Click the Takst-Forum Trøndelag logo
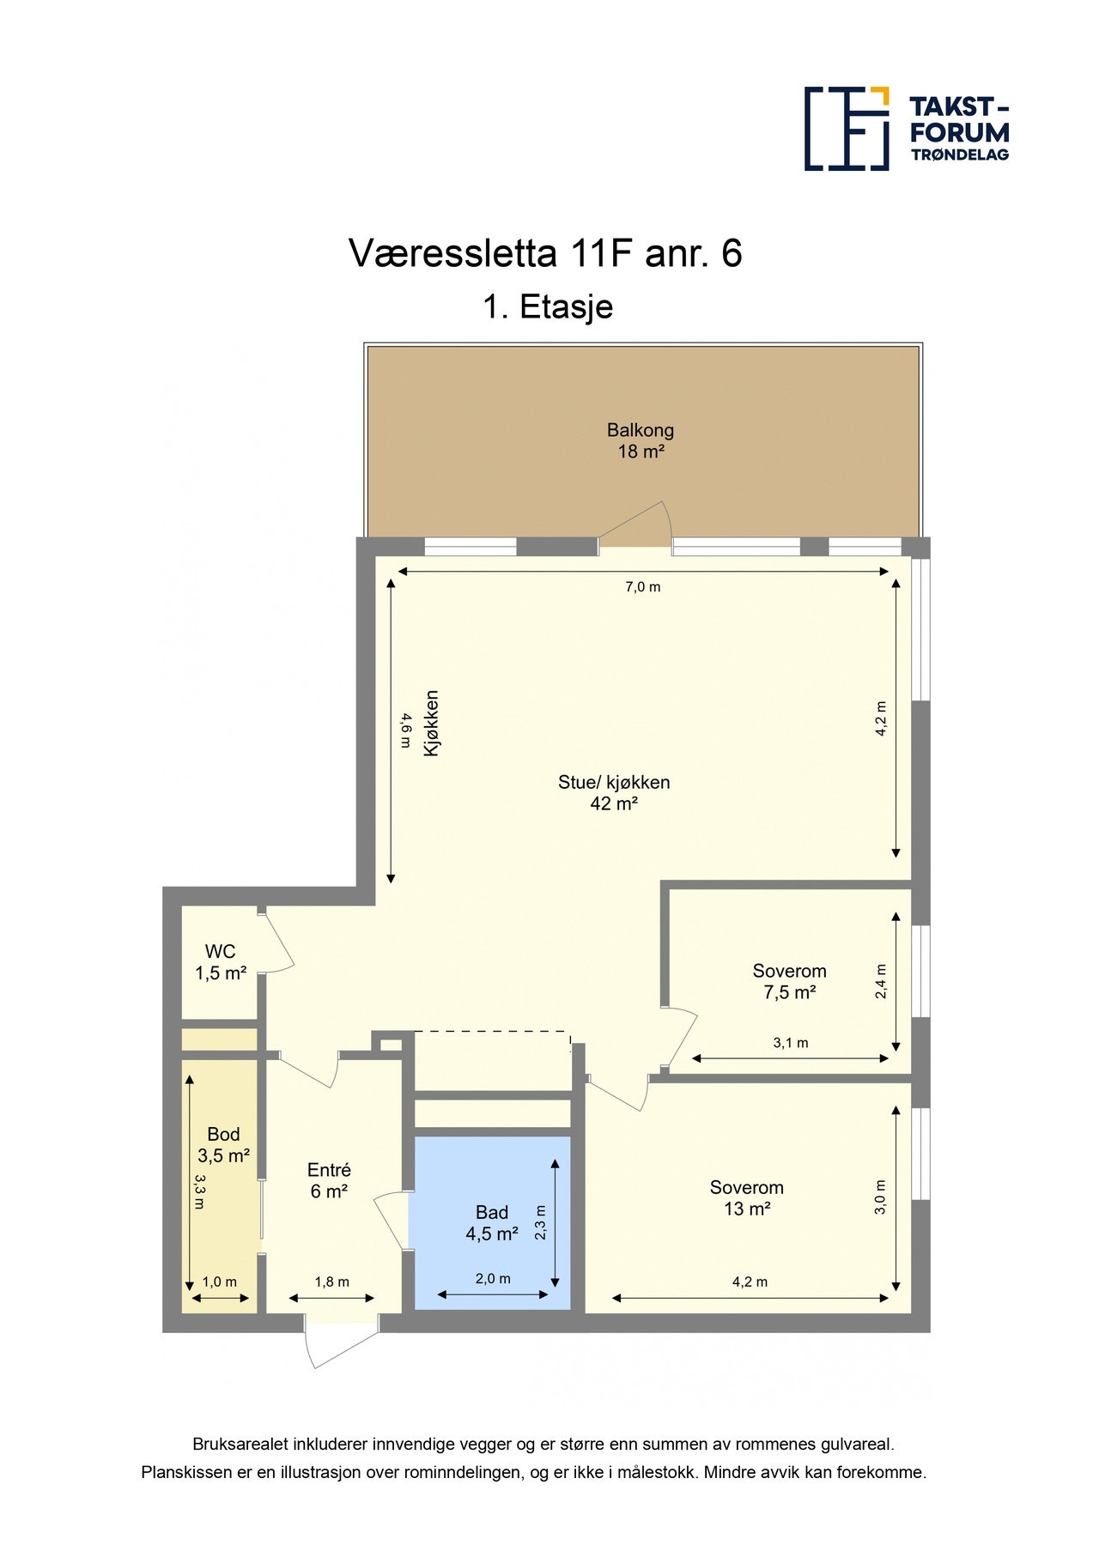tap(906, 129)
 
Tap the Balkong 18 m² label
tap(641, 440)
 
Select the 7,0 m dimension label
tap(643, 587)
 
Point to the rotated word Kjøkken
tap(432, 723)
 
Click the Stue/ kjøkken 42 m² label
tap(614, 793)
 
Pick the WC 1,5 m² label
tap(221, 962)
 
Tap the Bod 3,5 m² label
tap(223, 1145)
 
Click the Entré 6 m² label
tap(329, 1180)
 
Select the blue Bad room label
tap(492, 1223)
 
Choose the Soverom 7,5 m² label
tap(789, 982)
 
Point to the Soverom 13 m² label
tap(746, 1198)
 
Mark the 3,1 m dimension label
tap(791, 1043)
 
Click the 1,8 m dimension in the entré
tap(331, 1281)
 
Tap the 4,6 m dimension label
tap(405, 731)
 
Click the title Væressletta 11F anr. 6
tap(545, 253)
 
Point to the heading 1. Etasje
tap(548, 306)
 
